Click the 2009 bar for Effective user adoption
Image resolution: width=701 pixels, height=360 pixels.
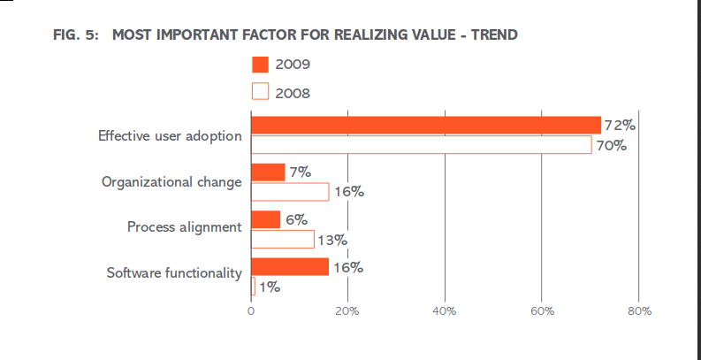(426, 126)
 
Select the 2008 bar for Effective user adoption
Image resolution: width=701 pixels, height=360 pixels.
(422, 145)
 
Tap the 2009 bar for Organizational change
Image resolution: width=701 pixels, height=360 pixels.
(268, 172)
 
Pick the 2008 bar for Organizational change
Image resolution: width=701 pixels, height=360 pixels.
(290, 192)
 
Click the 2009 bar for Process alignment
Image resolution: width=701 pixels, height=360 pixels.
(265, 219)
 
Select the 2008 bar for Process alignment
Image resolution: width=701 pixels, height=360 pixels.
(283, 239)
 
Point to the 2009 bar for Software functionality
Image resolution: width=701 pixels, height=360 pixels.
(290, 266)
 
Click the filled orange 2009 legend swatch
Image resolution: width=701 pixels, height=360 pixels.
(260, 65)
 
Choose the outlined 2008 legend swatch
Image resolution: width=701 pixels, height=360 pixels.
(260, 91)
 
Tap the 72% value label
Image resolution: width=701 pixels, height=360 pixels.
(620, 126)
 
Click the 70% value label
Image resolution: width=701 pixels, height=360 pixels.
(611, 145)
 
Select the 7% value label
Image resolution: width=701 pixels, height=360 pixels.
(301, 172)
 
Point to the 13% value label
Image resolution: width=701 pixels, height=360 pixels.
(332, 241)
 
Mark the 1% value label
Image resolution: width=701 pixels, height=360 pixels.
(270, 287)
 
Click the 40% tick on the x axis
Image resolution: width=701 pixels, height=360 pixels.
(445, 311)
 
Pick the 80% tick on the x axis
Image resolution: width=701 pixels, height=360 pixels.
(640, 311)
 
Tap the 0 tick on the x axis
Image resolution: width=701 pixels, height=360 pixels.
(251, 311)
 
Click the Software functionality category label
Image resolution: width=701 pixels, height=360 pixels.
(174, 272)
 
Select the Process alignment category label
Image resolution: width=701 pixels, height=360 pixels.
(185, 226)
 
